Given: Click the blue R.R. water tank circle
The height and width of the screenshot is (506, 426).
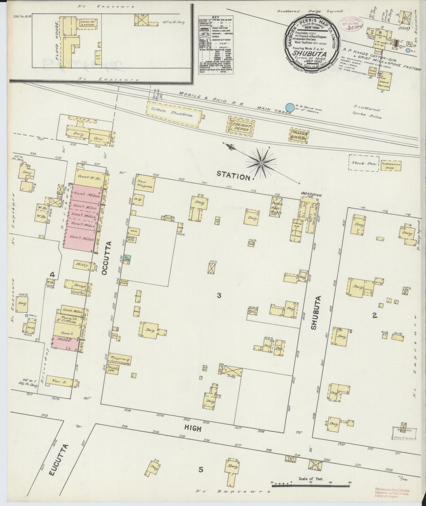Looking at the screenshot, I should click(x=290, y=107).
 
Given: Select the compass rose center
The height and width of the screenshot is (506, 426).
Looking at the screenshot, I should click(x=261, y=163).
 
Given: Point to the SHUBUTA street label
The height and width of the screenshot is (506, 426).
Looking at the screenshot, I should click(x=313, y=313).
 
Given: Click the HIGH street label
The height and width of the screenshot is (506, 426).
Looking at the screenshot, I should click(x=193, y=428).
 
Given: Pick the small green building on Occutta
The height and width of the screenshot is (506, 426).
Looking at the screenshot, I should click(x=127, y=258).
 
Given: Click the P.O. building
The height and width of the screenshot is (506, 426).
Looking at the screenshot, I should click(x=138, y=200).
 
